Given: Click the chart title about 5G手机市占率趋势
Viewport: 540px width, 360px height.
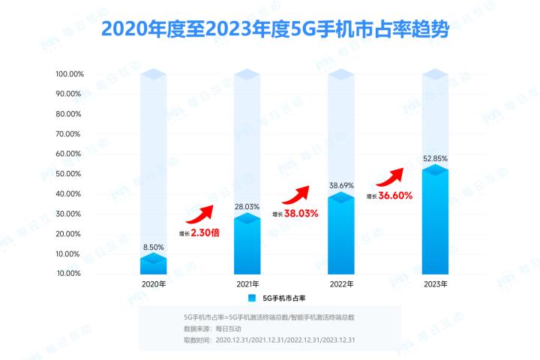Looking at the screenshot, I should [269, 31].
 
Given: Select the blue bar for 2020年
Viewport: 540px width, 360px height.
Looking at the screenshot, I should [154, 265].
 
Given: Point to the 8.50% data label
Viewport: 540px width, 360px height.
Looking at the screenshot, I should [154, 246].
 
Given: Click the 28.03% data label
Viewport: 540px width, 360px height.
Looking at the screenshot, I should [247, 207].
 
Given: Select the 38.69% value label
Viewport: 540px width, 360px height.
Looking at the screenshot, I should [341, 185].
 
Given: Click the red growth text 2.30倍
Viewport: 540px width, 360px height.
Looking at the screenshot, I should [205, 232].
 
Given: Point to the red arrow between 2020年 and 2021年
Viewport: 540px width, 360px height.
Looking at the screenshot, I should [200, 214].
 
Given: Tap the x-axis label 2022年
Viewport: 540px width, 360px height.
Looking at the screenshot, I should [341, 284].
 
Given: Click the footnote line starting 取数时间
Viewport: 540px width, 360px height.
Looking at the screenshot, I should [269, 340].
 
